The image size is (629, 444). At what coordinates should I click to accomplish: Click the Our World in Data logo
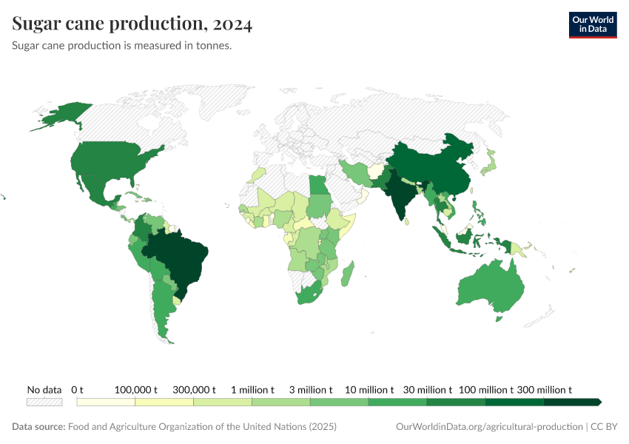pos(592,24)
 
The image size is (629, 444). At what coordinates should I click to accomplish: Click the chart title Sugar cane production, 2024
pos(132,24)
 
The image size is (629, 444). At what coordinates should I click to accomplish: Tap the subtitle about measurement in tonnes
pos(122,46)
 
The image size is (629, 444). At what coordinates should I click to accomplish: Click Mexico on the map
pos(96,191)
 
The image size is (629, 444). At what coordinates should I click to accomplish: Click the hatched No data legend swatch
pos(44,402)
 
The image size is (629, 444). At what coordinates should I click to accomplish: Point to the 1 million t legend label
pos(252,389)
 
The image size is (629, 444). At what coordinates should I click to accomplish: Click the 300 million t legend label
pos(545,389)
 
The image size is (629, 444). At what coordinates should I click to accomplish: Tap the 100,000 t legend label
pos(137,389)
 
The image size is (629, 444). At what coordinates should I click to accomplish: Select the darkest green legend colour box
pos(571,402)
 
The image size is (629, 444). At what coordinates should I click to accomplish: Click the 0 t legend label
pos(78,389)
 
